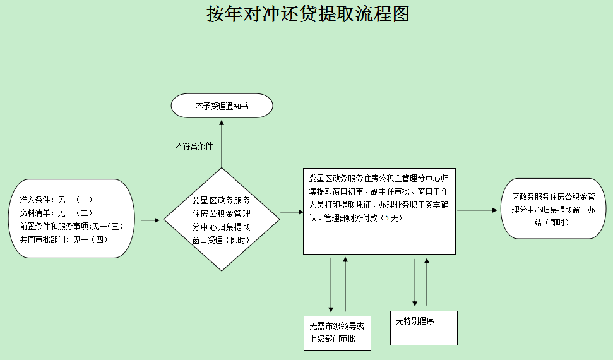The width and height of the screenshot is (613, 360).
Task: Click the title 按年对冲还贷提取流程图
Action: (x=308, y=14)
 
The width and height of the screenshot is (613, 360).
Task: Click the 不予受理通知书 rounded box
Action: (x=222, y=105)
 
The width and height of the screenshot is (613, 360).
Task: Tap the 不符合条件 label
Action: (x=194, y=146)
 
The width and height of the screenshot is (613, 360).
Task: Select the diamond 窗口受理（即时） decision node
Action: (x=222, y=220)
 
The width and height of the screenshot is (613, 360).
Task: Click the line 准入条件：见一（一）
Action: (x=56, y=200)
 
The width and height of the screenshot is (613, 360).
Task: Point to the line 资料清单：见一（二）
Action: (x=56, y=213)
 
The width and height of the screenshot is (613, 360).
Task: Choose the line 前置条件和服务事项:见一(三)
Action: (x=70, y=226)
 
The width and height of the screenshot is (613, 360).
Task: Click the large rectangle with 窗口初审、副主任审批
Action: (x=379, y=211)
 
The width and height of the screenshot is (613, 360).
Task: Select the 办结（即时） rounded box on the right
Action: (x=554, y=208)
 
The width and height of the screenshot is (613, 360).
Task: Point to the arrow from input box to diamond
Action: (x=150, y=220)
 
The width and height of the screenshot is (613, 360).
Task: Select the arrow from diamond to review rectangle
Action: (x=292, y=212)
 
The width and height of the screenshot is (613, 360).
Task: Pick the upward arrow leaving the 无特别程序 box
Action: (x=427, y=281)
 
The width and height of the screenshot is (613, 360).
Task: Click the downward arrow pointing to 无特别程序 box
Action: (x=415, y=281)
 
